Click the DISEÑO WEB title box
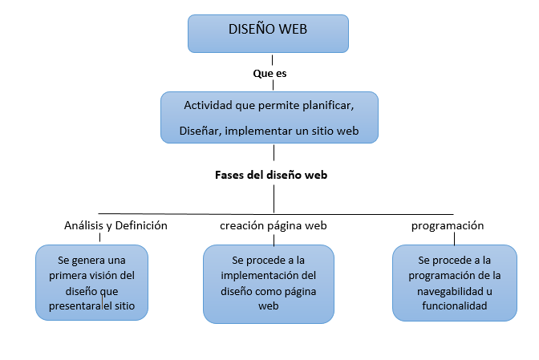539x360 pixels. (268, 34)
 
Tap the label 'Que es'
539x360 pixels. (269, 74)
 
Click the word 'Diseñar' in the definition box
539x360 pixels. (201, 131)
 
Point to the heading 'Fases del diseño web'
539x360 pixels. (271, 175)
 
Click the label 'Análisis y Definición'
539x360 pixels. (115, 225)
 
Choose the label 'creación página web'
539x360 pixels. (274, 225)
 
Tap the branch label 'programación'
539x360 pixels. (448, 225)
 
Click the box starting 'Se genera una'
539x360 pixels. (91, 283)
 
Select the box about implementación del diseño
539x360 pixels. (269, 284)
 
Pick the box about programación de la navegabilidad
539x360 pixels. (455, 283)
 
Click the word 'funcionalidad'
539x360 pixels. (455, 305)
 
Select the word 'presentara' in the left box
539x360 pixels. (75, 306)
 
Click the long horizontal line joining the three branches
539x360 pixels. (276, 214)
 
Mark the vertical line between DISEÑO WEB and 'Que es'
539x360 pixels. (272, 60)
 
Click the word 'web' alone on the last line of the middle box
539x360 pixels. (269, 305)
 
